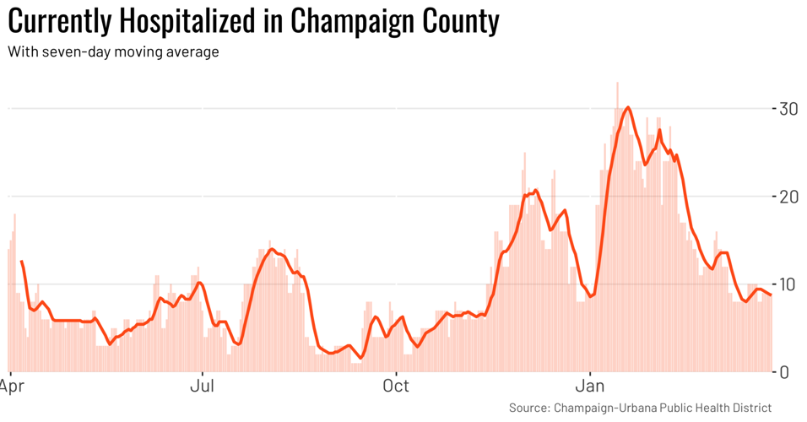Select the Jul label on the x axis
[x=202, y=387]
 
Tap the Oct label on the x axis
[x=395, y=387]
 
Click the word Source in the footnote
[x=528, y=408]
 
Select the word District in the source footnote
[x=750, y=408]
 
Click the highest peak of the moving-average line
[x=628, y=107]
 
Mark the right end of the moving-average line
[x=770, y=295]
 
